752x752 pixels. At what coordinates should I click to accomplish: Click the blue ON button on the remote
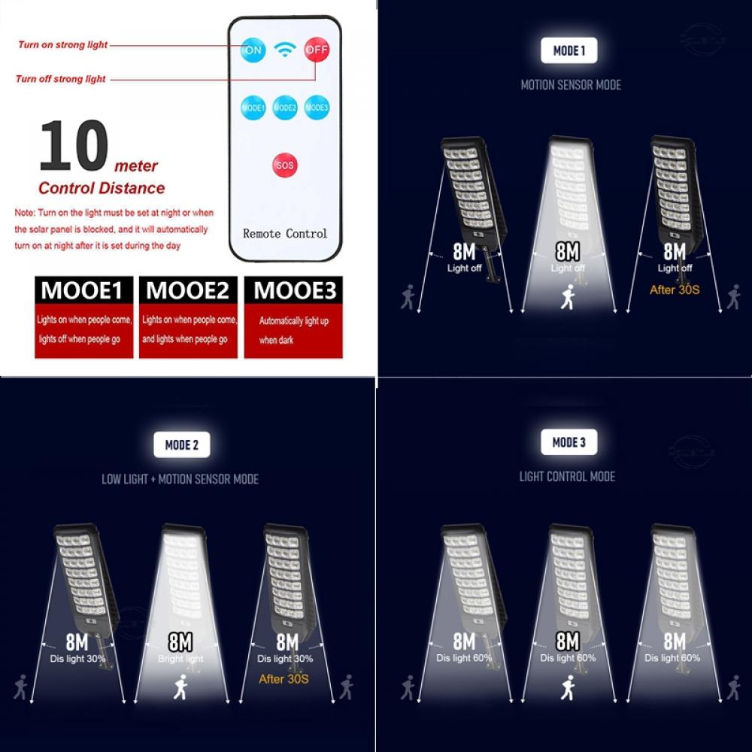253,51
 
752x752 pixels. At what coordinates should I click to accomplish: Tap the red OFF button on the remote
317,50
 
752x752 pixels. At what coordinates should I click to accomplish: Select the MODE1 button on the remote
253,108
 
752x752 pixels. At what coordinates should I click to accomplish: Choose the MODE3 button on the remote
317,108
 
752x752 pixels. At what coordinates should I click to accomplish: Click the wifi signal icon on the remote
285,50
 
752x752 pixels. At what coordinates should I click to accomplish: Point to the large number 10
74,147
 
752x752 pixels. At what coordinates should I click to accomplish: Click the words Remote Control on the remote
285,234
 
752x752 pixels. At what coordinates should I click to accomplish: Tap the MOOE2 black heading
188,290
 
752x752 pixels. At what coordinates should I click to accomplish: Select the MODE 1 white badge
569,50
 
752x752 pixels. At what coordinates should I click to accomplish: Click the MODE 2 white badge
181,444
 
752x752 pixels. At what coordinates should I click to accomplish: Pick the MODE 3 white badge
569,441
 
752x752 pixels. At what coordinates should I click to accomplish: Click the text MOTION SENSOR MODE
571,85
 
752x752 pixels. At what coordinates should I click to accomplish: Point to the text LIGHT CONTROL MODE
567,477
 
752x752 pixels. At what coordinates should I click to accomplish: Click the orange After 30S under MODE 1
675,289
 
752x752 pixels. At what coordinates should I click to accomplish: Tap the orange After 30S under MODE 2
284,679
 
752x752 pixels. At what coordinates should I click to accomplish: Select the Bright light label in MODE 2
180,660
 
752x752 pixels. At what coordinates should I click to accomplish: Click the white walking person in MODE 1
569,297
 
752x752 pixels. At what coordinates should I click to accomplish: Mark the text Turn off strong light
61,79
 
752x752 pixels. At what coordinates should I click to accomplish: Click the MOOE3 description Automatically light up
294,321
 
